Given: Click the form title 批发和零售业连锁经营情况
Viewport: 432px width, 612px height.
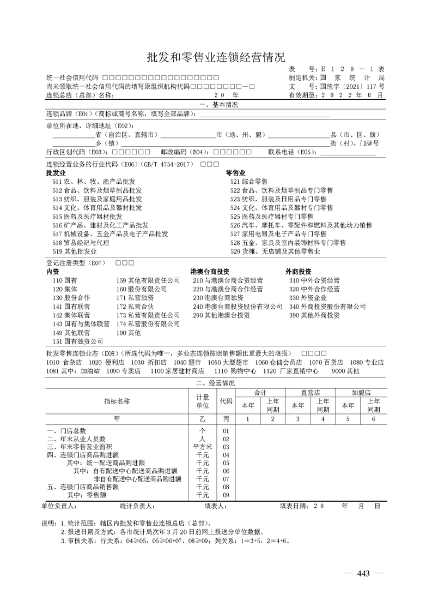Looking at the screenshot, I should [x=216, y=57].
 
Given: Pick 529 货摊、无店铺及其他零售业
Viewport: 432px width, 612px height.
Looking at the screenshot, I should [x=275, y=251].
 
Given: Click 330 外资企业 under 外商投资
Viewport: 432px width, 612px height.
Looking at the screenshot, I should [x=308, y=298].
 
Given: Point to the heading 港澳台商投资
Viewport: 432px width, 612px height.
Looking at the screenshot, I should [x=210, y=271].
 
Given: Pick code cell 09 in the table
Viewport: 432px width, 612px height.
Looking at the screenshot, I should [x=226, y=495].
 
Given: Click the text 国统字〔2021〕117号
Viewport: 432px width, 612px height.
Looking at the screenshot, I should [x=352, y=86].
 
